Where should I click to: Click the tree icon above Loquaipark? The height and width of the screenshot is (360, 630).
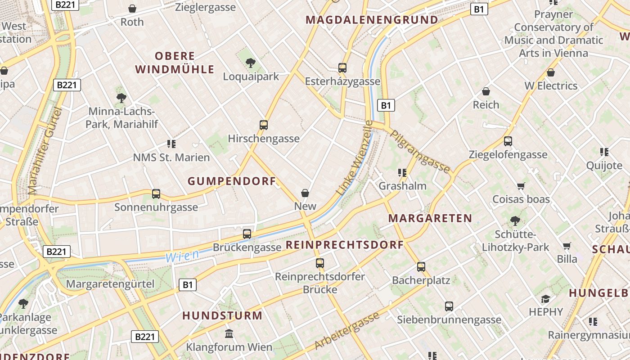point(251,63)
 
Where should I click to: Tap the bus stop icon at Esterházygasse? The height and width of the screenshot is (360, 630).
point(342,68)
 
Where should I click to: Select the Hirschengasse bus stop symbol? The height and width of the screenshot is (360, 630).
point(264,125)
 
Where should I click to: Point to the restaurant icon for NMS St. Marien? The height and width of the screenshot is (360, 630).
point(171,144)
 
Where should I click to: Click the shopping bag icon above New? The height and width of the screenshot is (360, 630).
point(305,193)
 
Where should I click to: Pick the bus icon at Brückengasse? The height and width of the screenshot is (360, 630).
point(247,234)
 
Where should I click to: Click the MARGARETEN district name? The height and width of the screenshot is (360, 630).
point(430,219)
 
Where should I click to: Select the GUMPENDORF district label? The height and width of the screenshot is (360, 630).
point(232,181)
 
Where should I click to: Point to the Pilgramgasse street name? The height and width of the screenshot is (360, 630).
point(420,152)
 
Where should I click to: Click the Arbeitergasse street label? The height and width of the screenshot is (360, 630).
point(347,331)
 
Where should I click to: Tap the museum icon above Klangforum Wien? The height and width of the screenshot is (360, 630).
point(229,333)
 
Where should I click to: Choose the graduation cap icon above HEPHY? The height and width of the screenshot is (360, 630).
point(546,298)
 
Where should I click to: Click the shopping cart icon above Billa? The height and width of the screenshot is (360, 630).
point(567,246)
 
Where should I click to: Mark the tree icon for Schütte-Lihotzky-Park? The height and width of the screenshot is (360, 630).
point(515,220)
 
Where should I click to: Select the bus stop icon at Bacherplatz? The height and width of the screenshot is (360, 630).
point(421,267)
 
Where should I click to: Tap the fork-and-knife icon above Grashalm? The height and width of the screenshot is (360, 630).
point(402,172)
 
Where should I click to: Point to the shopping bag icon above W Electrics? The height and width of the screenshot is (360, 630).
point(551,72)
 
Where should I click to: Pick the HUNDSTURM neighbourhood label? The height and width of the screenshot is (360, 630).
point(222,315)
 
